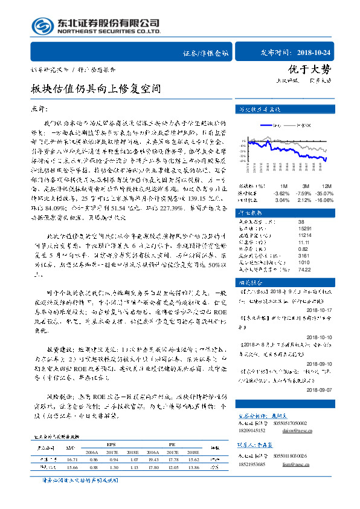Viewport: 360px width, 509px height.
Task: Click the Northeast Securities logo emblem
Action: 42,26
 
